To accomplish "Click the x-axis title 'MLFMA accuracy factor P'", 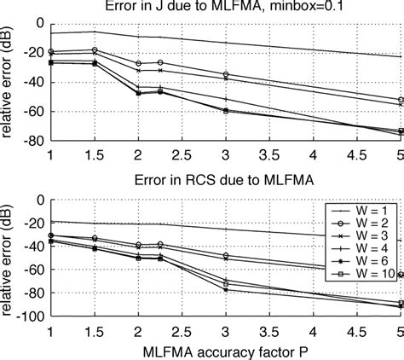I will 226,351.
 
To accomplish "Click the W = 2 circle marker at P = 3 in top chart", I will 226,74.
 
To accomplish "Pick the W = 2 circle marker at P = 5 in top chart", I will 401,100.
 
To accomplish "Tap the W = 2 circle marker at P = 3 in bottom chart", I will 226,255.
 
